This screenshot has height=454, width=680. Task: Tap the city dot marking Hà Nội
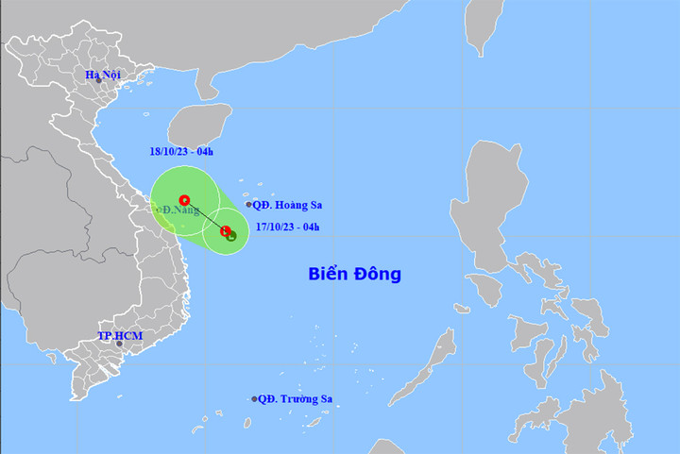pos(98,82)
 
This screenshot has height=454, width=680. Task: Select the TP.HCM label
pos(118,336)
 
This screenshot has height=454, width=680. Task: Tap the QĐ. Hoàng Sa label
pos(284,204)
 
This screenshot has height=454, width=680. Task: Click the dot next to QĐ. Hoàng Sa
pos(249,204)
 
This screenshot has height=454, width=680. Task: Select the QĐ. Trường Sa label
pos(297,399)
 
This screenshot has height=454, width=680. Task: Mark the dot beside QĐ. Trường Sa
pos(255,399)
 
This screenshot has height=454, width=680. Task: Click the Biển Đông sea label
pos(354,274)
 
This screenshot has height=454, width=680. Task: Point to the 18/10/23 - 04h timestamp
pos(180,153)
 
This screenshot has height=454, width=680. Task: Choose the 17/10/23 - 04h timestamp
pos(288,226)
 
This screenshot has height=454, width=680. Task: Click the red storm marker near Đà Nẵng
pos(184,200)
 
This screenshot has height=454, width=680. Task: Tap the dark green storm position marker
pos(231,236)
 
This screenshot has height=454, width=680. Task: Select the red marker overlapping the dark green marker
pos(225,231)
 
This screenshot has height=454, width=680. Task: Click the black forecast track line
pos(204,215)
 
